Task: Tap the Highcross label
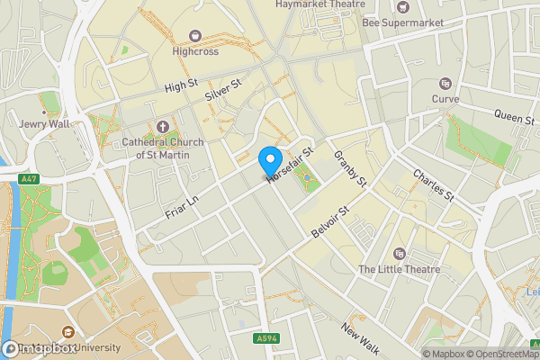[x=195, y=51]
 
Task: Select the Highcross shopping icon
[x=195, y=36]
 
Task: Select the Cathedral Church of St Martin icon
[x=162, y=127]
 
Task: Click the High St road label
[x=181, y=85]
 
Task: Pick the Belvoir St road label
[x=328, y=222]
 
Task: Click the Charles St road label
[x=434, y=184]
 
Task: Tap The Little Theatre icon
[x=399, y=254]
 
